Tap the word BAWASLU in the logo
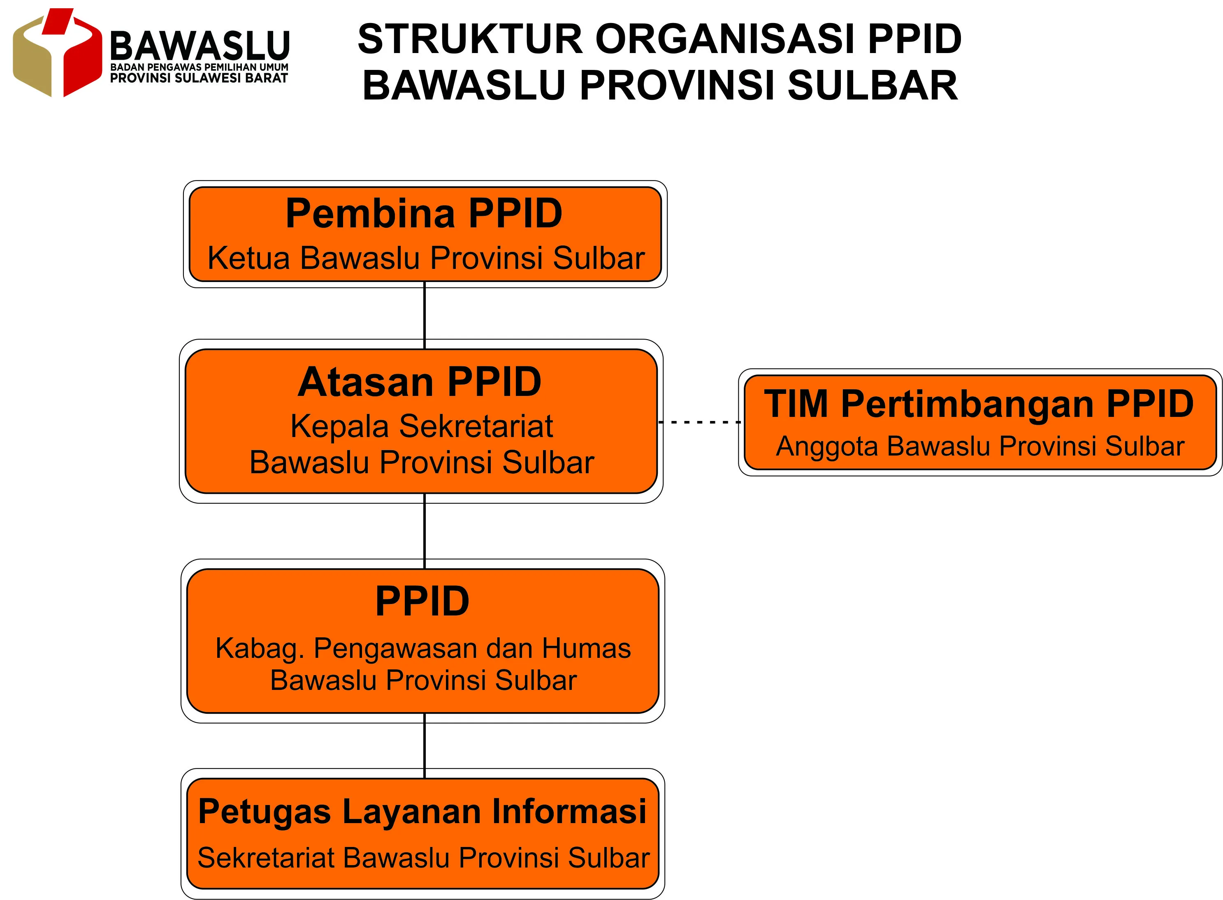point(200,45)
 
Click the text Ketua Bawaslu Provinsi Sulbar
point(426,258)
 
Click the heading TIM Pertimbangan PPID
point(979,404)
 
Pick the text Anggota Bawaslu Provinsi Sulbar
point(980,446)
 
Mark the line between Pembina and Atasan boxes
point(425,315)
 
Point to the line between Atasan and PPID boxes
point(425,532)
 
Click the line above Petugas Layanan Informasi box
point(425,746)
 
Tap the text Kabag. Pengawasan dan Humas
point(423,649)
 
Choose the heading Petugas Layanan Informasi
point(422,812)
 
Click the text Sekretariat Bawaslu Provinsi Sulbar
point(423,858)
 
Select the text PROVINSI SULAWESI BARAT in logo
point(199,78)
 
